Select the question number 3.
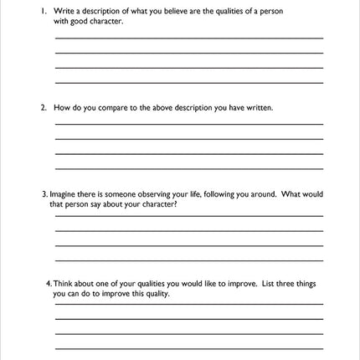44,194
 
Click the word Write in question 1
64,11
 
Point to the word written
258,108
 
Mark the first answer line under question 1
188,39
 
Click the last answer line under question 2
188,169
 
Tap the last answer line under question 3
188,260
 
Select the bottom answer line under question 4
188,349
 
